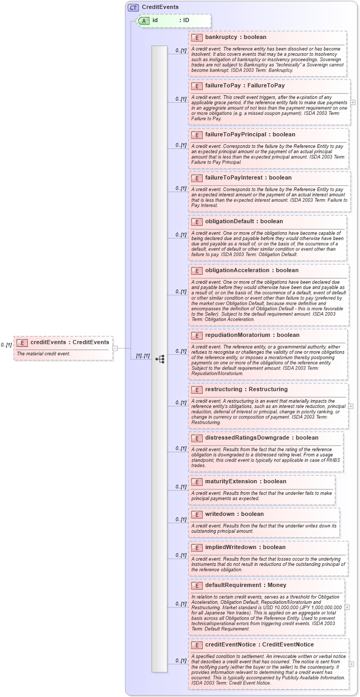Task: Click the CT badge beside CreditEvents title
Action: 133,7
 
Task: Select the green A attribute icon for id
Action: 144,21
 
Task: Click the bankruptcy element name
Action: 221,37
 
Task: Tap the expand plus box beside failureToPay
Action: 353,102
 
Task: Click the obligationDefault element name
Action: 229,221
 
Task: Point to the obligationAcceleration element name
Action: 237,270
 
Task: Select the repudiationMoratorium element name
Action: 237,335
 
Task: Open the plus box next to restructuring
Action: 351,391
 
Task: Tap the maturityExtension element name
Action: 231,481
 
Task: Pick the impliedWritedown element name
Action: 229,547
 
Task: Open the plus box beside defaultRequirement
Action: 347,607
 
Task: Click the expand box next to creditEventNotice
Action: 351,664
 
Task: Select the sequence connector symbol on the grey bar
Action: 159,359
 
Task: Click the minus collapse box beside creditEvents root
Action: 115,347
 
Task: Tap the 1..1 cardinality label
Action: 143,355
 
